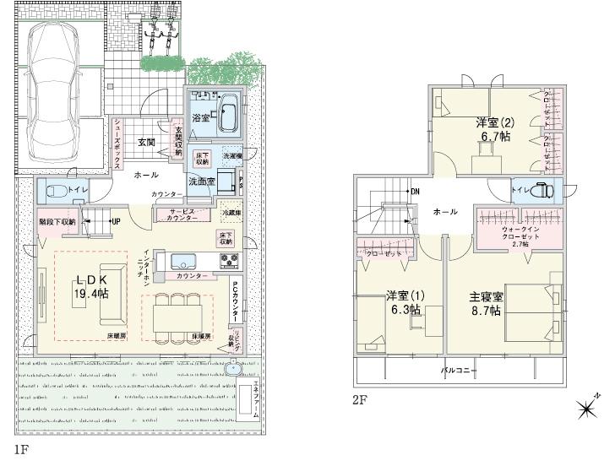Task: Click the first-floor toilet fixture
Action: (52, 191)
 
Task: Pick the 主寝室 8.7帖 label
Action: (486, 303)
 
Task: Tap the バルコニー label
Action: (459, 370)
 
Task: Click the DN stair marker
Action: (413, 191)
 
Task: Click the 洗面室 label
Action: (201, 181)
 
